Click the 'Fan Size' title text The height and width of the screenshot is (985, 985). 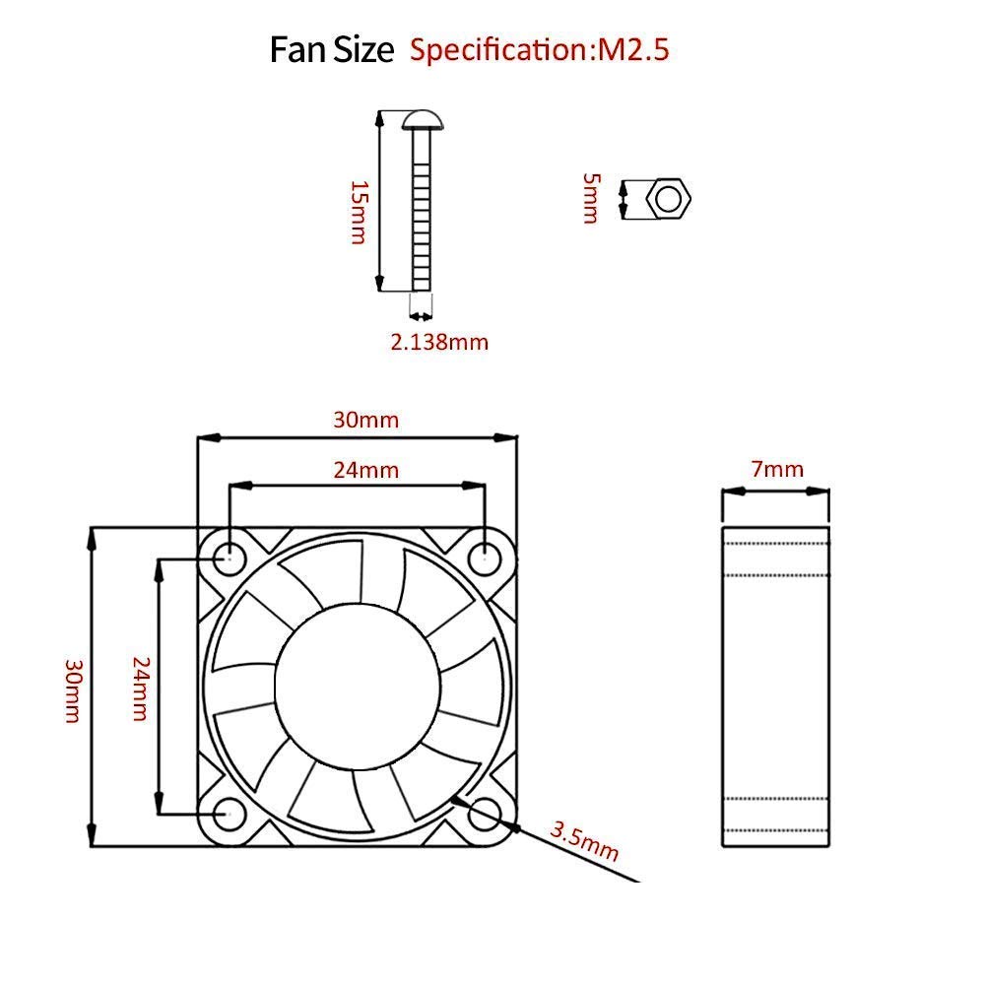coord(331,49)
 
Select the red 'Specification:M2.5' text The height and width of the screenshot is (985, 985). coord(539,49)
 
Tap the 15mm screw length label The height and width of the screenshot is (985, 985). coord(359,212)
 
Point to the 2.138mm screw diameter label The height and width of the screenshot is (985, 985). coord(439,342)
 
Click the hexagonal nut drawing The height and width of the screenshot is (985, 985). coord(669,199)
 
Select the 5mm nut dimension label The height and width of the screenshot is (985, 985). coord(590,198)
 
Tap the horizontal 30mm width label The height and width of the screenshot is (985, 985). coord(365,420)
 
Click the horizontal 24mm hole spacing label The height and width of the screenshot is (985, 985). coord(365,470)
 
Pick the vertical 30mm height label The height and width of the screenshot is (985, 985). coord(72,690)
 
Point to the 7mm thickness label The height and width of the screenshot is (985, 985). coord(777,470)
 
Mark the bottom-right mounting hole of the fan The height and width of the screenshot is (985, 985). coord(485,814)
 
